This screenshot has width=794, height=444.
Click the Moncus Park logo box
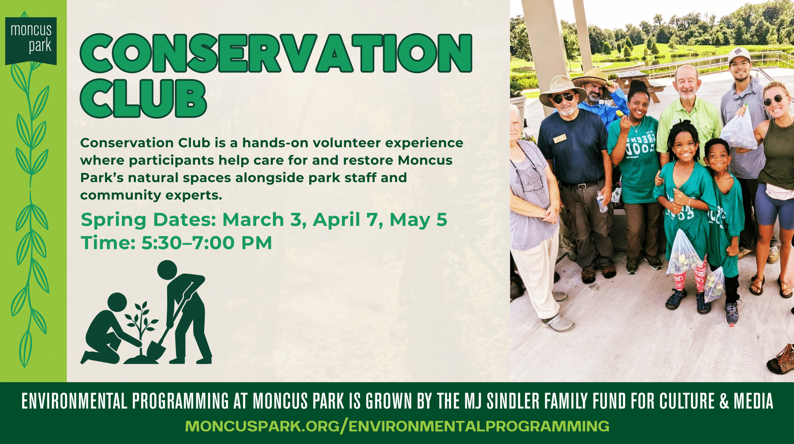coord(31,41)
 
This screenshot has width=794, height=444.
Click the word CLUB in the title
coord(143,99)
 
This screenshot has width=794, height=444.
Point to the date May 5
coord(418,219)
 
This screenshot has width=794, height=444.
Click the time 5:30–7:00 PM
coord(206,243)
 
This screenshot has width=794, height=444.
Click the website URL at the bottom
coord(397,426)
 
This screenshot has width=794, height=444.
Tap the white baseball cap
coord(739,55)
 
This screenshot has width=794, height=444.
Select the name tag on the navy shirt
coord(560,138)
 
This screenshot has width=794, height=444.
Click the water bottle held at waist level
coord(601,202)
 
